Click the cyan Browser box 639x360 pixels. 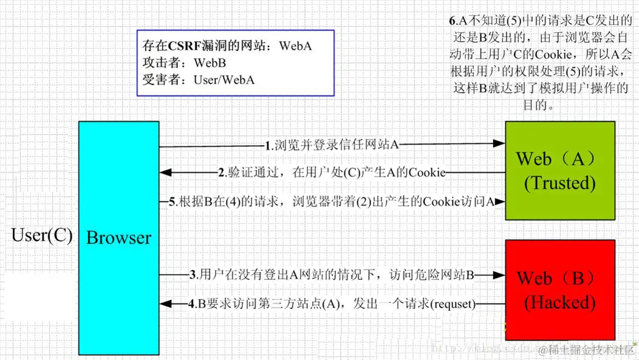118,182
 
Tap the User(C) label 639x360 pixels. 42,236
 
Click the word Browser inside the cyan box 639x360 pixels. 118,238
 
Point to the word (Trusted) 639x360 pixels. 560,183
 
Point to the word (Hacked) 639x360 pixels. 560,302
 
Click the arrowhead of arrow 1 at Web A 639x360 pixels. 500,144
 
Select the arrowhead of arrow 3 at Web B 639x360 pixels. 500,276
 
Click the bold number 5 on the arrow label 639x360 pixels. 172,202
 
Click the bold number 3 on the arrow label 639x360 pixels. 193,276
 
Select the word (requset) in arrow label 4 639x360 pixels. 453,303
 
